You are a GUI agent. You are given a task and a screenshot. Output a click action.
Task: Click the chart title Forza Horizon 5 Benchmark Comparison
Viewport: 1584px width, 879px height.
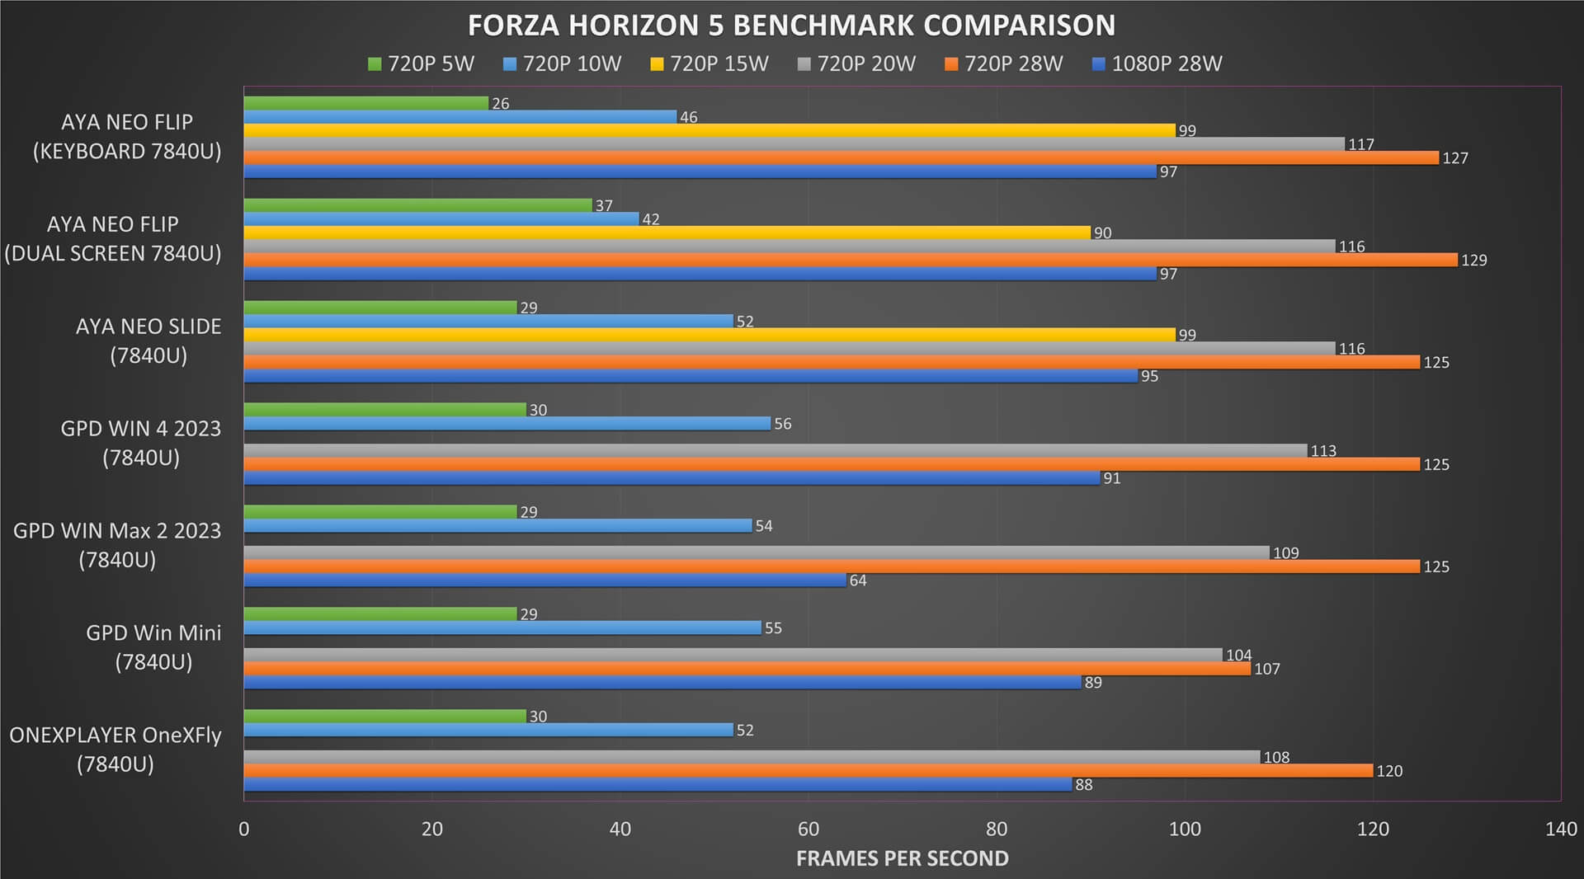coord(791,26)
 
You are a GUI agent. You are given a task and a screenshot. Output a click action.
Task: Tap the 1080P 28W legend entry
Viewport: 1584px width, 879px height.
coord(1157,63)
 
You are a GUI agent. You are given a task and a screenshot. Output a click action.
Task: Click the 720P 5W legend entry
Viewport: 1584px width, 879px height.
coord(421,63)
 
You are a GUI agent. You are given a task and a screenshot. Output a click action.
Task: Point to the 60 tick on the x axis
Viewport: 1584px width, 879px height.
coord(808,829)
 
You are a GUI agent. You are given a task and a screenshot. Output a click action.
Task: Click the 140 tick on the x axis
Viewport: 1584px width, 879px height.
coord(1561,829)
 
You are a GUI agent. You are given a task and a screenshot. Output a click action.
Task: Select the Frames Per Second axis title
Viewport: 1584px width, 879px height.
coord(903,858)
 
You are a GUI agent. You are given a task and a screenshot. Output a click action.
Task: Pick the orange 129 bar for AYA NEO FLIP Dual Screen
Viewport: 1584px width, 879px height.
coord(851,260)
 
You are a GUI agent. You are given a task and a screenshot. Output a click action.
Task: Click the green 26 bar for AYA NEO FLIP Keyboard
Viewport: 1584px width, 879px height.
coord(366,103)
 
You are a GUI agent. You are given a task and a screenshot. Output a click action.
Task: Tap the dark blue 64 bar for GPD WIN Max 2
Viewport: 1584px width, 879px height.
coord(545,580)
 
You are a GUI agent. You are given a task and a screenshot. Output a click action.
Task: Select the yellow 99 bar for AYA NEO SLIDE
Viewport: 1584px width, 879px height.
coord(709,335)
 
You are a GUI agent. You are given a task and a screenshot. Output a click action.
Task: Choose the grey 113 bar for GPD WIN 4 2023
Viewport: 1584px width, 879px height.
coord(775,450)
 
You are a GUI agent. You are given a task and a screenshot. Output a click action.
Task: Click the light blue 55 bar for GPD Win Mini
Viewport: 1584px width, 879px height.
coord(502,628)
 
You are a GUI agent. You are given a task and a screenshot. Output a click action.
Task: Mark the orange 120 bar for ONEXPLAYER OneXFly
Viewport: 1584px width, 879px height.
coord(808,770)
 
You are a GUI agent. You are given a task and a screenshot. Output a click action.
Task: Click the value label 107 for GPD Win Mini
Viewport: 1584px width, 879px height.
coord(1267,669)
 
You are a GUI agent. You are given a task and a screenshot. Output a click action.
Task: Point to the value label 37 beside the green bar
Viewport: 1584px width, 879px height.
coord(604,205)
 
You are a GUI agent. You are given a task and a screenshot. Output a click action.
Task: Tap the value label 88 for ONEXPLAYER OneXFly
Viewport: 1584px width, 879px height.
coord(1084,785)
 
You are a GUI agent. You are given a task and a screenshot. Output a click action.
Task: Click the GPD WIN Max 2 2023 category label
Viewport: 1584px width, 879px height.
coord(117,545)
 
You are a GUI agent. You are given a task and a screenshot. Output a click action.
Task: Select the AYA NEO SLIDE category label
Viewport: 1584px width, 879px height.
coord(148,341)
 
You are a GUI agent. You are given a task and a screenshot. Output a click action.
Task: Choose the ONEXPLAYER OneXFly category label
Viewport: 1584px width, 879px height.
coord(115,750)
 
